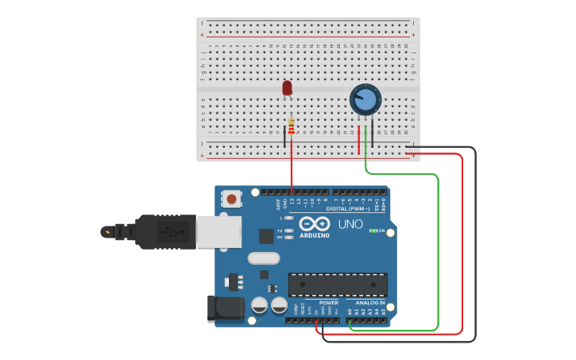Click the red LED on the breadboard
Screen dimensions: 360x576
(x=287, y=87)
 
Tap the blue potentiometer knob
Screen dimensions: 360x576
(x=365, y=100)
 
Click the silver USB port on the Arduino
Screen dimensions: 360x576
(x=218, y=232)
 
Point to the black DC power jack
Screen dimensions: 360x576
(x=224, y=308)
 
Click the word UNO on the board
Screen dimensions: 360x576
(x=350, y=224)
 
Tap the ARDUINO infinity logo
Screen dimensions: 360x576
(x=315, y=225)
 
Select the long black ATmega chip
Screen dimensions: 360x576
(x=338, y=285)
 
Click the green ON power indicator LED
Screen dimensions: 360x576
(x=373, y=230)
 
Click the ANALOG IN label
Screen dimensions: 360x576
(x=370, y=303)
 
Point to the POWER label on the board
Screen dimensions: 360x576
(x=329, y=303)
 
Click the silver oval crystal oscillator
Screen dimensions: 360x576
(x=264, y=257)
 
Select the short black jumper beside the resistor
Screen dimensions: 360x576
(x=284, y=136)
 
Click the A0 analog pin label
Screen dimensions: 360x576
(x=350, y=312)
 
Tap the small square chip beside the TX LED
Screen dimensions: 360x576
(x=266, y=235)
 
